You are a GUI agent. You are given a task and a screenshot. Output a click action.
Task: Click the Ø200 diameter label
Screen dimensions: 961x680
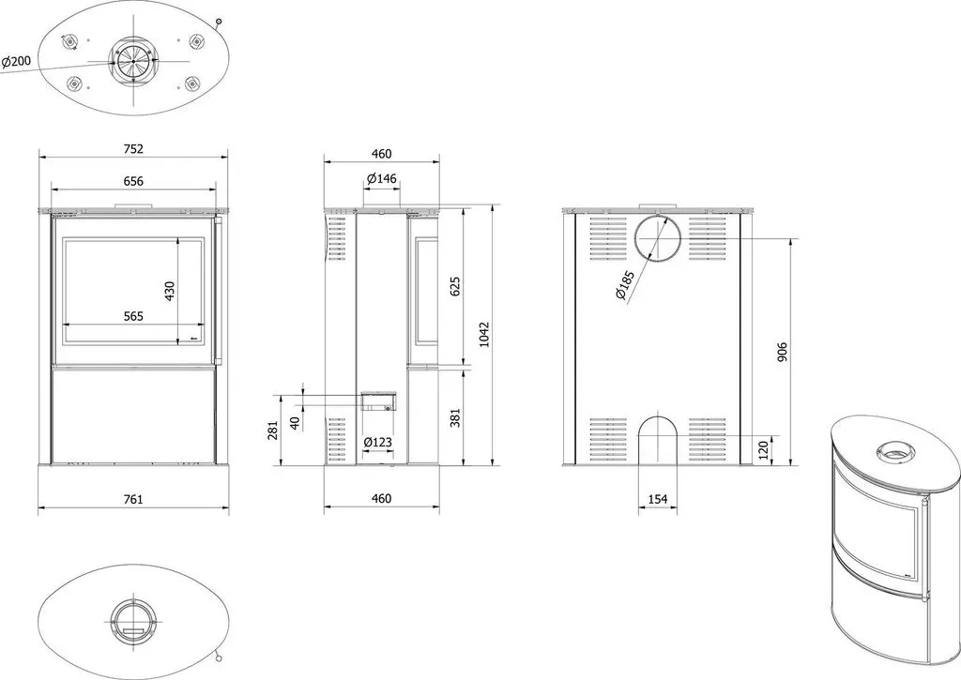click(16, 61)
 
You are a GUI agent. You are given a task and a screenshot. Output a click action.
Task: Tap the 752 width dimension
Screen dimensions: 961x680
click(133, 149)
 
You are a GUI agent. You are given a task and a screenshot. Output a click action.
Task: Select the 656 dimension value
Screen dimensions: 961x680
click(133, 181)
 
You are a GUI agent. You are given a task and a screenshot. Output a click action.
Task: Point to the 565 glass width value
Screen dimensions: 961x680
click(133, 316)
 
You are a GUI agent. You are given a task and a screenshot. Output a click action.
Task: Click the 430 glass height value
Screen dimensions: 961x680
click(170, 291)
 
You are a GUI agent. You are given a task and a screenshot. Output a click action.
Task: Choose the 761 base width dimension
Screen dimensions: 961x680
click(133, 499)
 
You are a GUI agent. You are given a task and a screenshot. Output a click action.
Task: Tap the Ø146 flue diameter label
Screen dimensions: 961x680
click(382, 179)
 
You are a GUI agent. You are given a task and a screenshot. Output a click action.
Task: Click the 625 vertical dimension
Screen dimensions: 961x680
click(455, 286)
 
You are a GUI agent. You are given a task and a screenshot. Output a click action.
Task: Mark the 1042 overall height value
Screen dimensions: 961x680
click(484, 335)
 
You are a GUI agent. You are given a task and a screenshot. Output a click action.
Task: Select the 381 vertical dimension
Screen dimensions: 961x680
click(455, 417)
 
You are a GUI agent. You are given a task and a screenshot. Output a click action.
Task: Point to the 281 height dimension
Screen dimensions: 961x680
click(273, 430)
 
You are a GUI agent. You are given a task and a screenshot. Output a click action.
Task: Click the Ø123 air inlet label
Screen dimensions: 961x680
click(377, 443)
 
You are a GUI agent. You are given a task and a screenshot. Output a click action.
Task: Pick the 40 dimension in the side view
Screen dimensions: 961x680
click(296, 423)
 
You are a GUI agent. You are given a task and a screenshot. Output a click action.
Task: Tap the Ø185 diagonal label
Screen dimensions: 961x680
click(626, 285)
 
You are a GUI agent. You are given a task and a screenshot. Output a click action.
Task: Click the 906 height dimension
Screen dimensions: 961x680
click(782, 353)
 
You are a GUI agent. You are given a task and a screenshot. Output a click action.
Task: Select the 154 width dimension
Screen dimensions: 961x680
click(658, 499)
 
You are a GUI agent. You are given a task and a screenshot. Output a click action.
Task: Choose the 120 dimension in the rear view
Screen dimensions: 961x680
click(763, 449)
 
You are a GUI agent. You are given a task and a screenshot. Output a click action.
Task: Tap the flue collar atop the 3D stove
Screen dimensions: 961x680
click(896, 451)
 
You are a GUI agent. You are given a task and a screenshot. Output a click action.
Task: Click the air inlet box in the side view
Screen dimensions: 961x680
click(378, 400)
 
